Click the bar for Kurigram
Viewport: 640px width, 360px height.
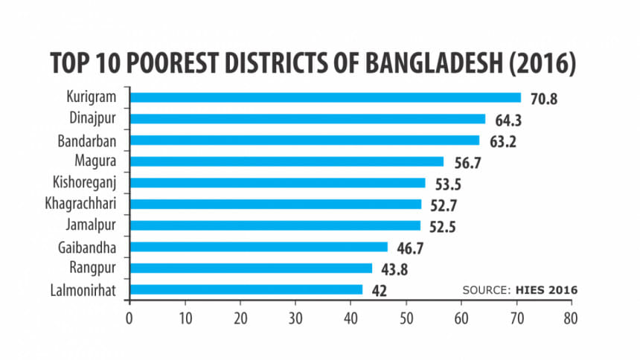coord(325,97)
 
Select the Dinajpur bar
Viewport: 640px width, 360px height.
coord(307,119)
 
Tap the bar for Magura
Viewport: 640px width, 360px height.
coord(287,161)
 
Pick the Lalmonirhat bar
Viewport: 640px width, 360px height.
coord(246,289)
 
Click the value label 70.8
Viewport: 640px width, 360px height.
coord(544,99)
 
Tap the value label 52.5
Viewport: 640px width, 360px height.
coord(443,227)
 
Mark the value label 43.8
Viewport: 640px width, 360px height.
coord(394,269)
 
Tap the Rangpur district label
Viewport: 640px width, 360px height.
coord(97,268)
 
